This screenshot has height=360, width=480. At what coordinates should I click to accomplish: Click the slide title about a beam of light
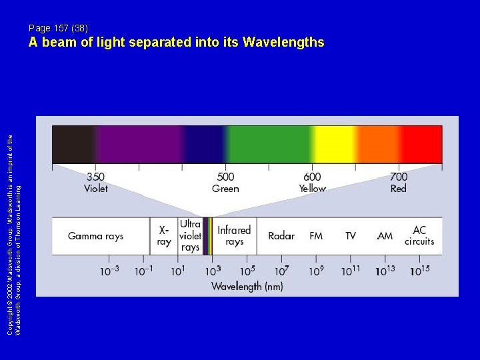(x=176, y=43)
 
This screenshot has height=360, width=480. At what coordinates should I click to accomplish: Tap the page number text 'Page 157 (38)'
(x=58, y=28)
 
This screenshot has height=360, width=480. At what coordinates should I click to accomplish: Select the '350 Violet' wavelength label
(x=95, y=183)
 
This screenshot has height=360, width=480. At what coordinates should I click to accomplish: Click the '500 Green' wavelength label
(x=225, y=183)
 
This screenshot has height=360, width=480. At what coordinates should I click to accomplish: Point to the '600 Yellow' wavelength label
(x=312, y=183)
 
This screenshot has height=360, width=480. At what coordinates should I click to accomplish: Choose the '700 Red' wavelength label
(x=398, y=183)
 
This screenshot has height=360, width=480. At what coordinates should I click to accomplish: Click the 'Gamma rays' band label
(x=95, y=236)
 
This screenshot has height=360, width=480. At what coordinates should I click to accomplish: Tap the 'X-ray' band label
(x=164, y=235)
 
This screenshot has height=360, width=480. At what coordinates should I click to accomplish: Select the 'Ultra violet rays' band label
(x=190, y=236)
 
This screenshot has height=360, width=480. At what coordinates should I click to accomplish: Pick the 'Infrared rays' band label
(x=234, y=235)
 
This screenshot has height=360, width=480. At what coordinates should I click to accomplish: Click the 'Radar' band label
(x=281, y=236)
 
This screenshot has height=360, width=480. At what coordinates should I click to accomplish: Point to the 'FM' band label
(x=316, y=236)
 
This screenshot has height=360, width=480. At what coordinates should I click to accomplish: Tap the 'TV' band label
(x=351, y=236)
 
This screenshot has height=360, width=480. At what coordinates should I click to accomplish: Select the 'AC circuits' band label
(x=419, y=236)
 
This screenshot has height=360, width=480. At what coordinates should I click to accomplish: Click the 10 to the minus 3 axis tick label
(x=110, y=271)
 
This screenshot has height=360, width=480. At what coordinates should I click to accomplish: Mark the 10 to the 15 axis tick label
(x=420, y=271)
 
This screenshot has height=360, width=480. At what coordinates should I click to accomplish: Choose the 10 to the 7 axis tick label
(x=282, y=271)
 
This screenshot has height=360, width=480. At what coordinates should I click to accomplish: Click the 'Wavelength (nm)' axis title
(x=247, y=287)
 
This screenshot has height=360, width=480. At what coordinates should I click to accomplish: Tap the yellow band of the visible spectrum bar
(x=333, y=144)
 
